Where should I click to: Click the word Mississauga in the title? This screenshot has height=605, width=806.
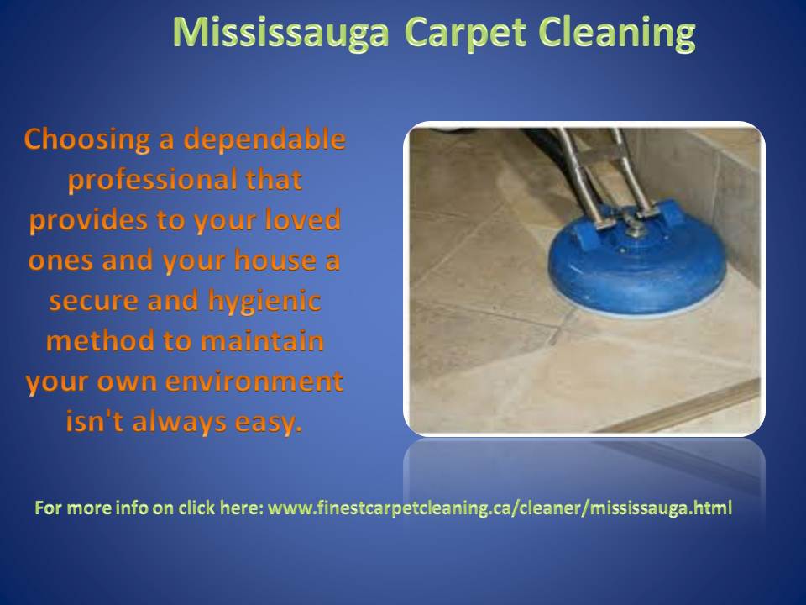click(x=280, y=34)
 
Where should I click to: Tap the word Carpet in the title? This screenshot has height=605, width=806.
click(x=466, y=34)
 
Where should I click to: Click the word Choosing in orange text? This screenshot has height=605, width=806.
click(x=86, y=140)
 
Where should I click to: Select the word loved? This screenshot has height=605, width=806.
click(x=303, y=219)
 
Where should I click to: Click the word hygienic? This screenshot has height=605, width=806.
click(x=264, y=301)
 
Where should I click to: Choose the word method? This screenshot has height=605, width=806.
click(x=100, y=341)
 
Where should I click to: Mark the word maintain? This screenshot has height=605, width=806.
click(x=262, y=341)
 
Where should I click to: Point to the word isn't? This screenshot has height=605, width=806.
click(x=95, y=421)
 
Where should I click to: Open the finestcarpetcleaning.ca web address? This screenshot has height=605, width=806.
click(x=500, y=508)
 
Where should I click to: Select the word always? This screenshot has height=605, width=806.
click(x=180, y=423)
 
